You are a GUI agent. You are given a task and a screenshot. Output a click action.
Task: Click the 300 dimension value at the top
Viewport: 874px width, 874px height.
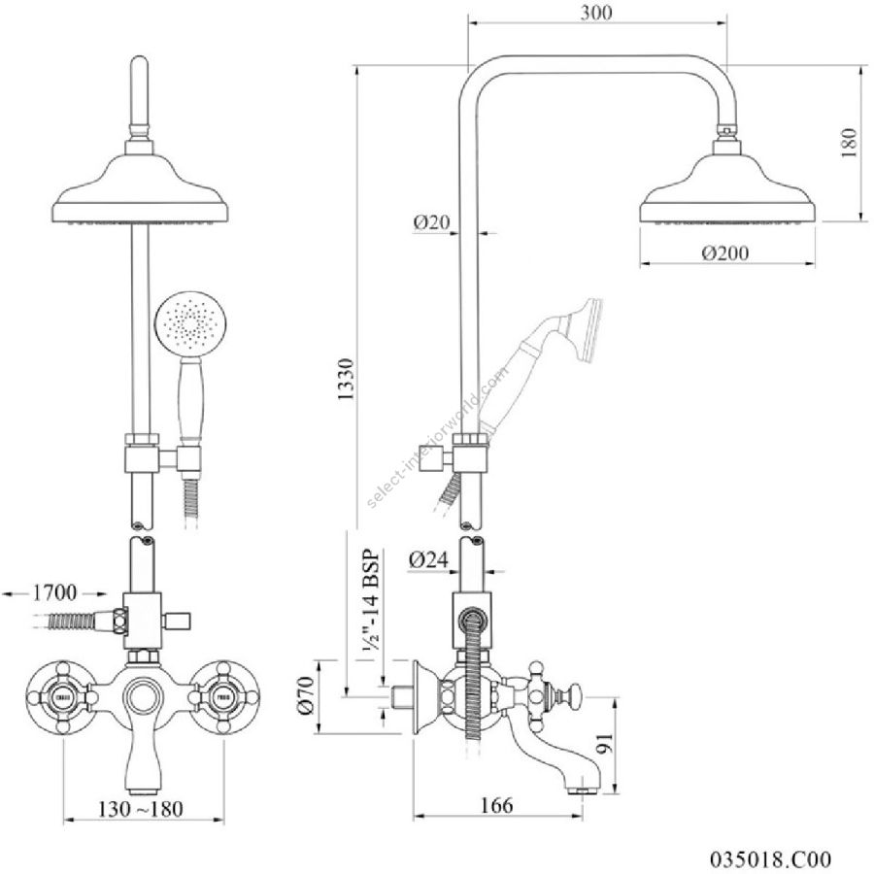[x=597, y=14]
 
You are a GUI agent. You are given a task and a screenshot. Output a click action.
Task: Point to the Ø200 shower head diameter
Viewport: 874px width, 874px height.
[x=726, y=252]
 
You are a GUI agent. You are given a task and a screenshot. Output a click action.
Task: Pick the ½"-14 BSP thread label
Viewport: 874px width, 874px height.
[x=370, y=607]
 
